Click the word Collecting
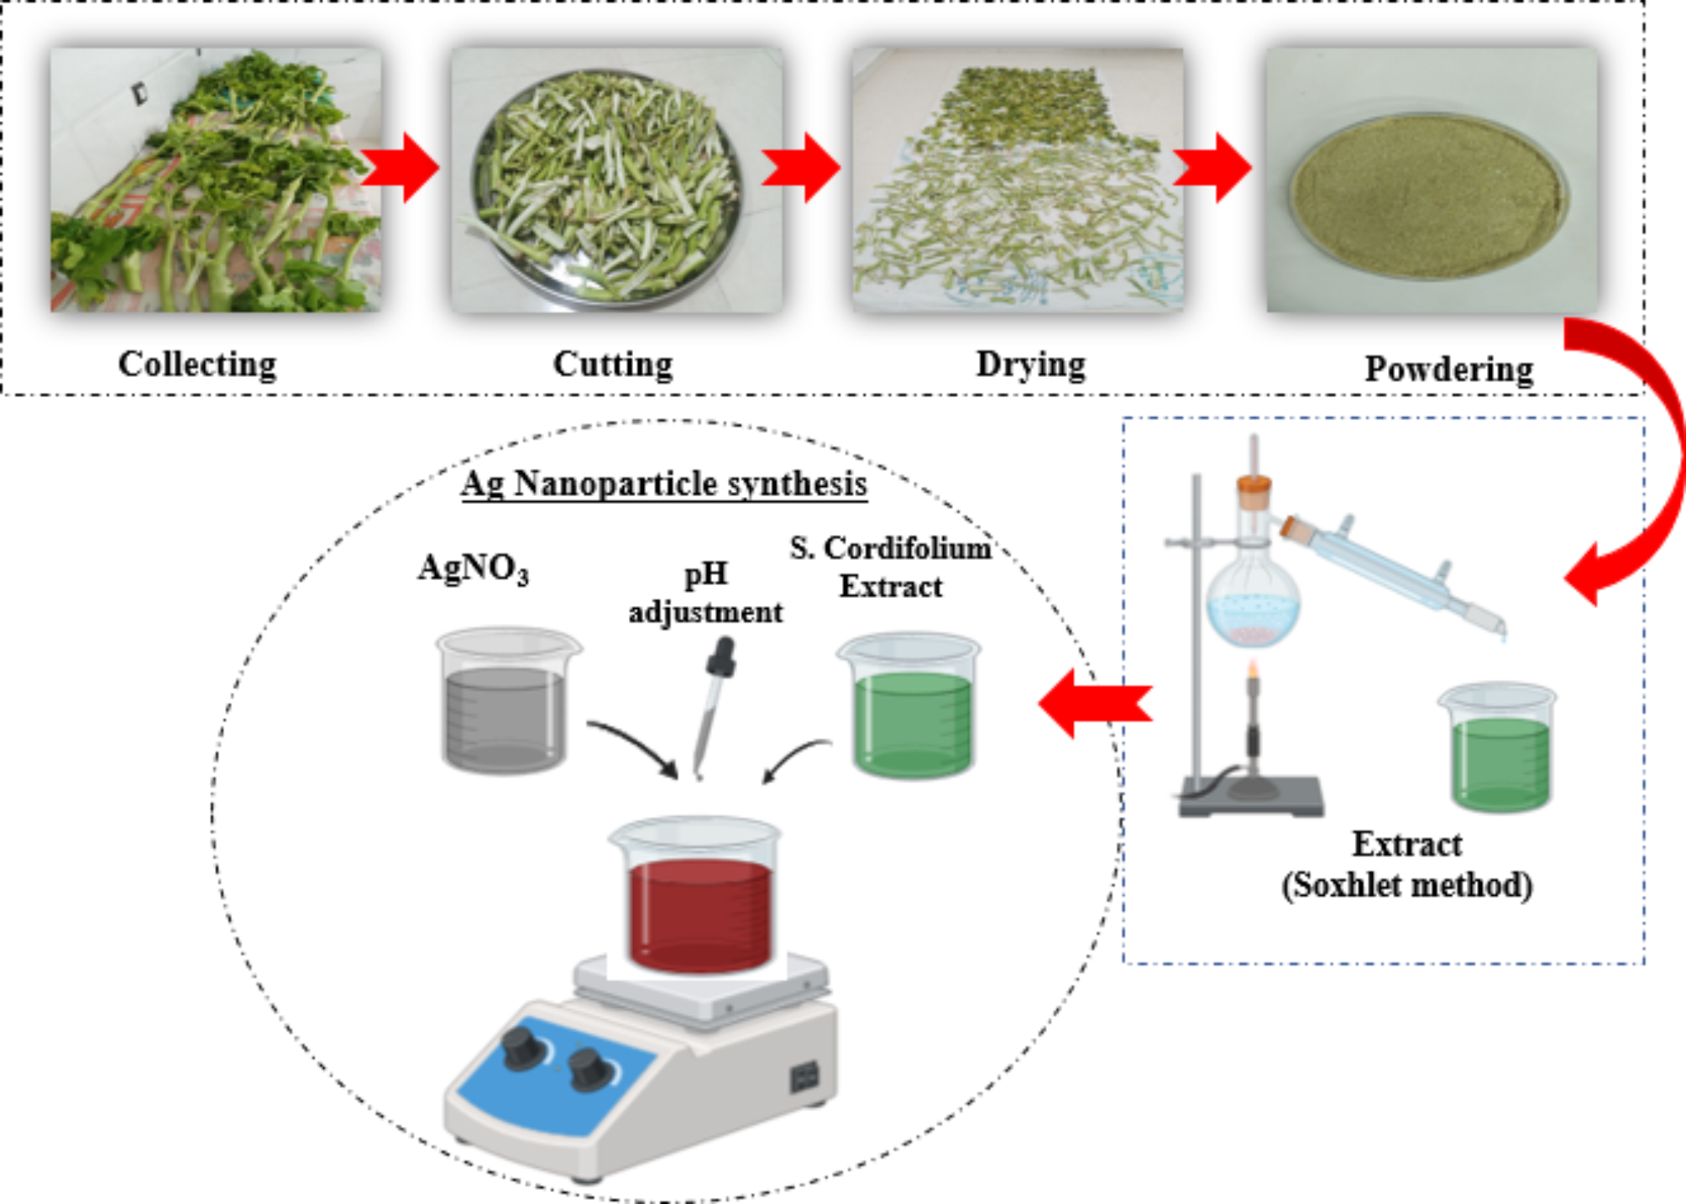(x=197, y=364)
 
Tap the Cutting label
(x=613, y=364)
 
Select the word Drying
(x=1030, y=364)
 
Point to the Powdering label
(x=1448, y=369)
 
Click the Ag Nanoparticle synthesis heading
(x=663, y=484)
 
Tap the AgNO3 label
(x=473, y=568)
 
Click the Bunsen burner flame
(x=1254, y=671)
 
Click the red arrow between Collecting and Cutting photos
(x=401, y=167)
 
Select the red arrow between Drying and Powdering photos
(x=1212, y=167)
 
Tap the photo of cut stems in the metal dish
(x=616, y=180)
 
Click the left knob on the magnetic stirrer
(x=522, y=1047)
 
